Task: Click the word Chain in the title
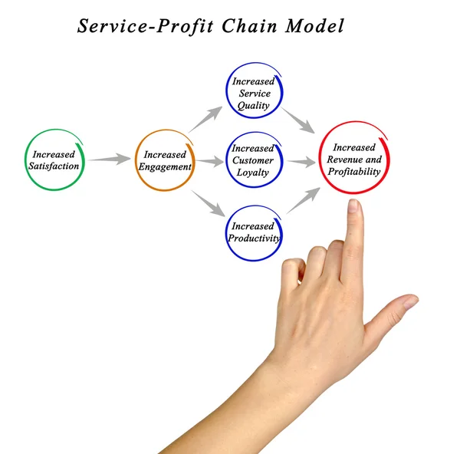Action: tap(249, 26)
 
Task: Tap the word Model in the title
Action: tap(314, 26)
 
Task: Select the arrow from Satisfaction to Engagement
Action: tap(110, 159)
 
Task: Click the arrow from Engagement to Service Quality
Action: tap(205, 119)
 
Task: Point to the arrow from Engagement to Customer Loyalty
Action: tap(210, 161)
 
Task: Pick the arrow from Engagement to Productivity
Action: tap(209, 204)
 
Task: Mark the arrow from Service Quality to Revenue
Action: tap(297, 120)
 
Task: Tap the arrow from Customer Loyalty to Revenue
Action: tap(301, 162)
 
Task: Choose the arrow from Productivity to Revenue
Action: tap(304, 200)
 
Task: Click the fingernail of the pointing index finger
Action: tap(353, 206)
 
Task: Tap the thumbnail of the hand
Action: tap(411, 302)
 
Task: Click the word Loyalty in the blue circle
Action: tap(252, 173)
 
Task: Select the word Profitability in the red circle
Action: tap(354, 171)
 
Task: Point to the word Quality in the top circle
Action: tap(254, 105)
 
